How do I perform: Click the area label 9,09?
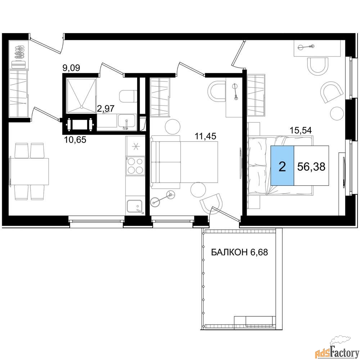tap(71, 68)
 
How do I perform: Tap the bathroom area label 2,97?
tap(106, 108)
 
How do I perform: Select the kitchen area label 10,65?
tap(75, 139)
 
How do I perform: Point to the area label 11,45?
tap(206, 136)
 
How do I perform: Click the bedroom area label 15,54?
tap(301, 130)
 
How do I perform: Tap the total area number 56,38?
tap(311, 166)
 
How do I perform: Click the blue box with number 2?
tap(282, 165)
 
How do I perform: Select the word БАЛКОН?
tap(229, 252)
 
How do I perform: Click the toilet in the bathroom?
tap(127, 96)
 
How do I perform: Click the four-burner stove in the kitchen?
tap(135, 166)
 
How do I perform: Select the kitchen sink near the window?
tap(135, 206)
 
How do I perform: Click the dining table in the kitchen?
tap(29, 171)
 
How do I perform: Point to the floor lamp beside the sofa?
tap(163, 198)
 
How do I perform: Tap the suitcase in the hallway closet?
tap(18, 64)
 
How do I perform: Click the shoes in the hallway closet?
tap(19, 51)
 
